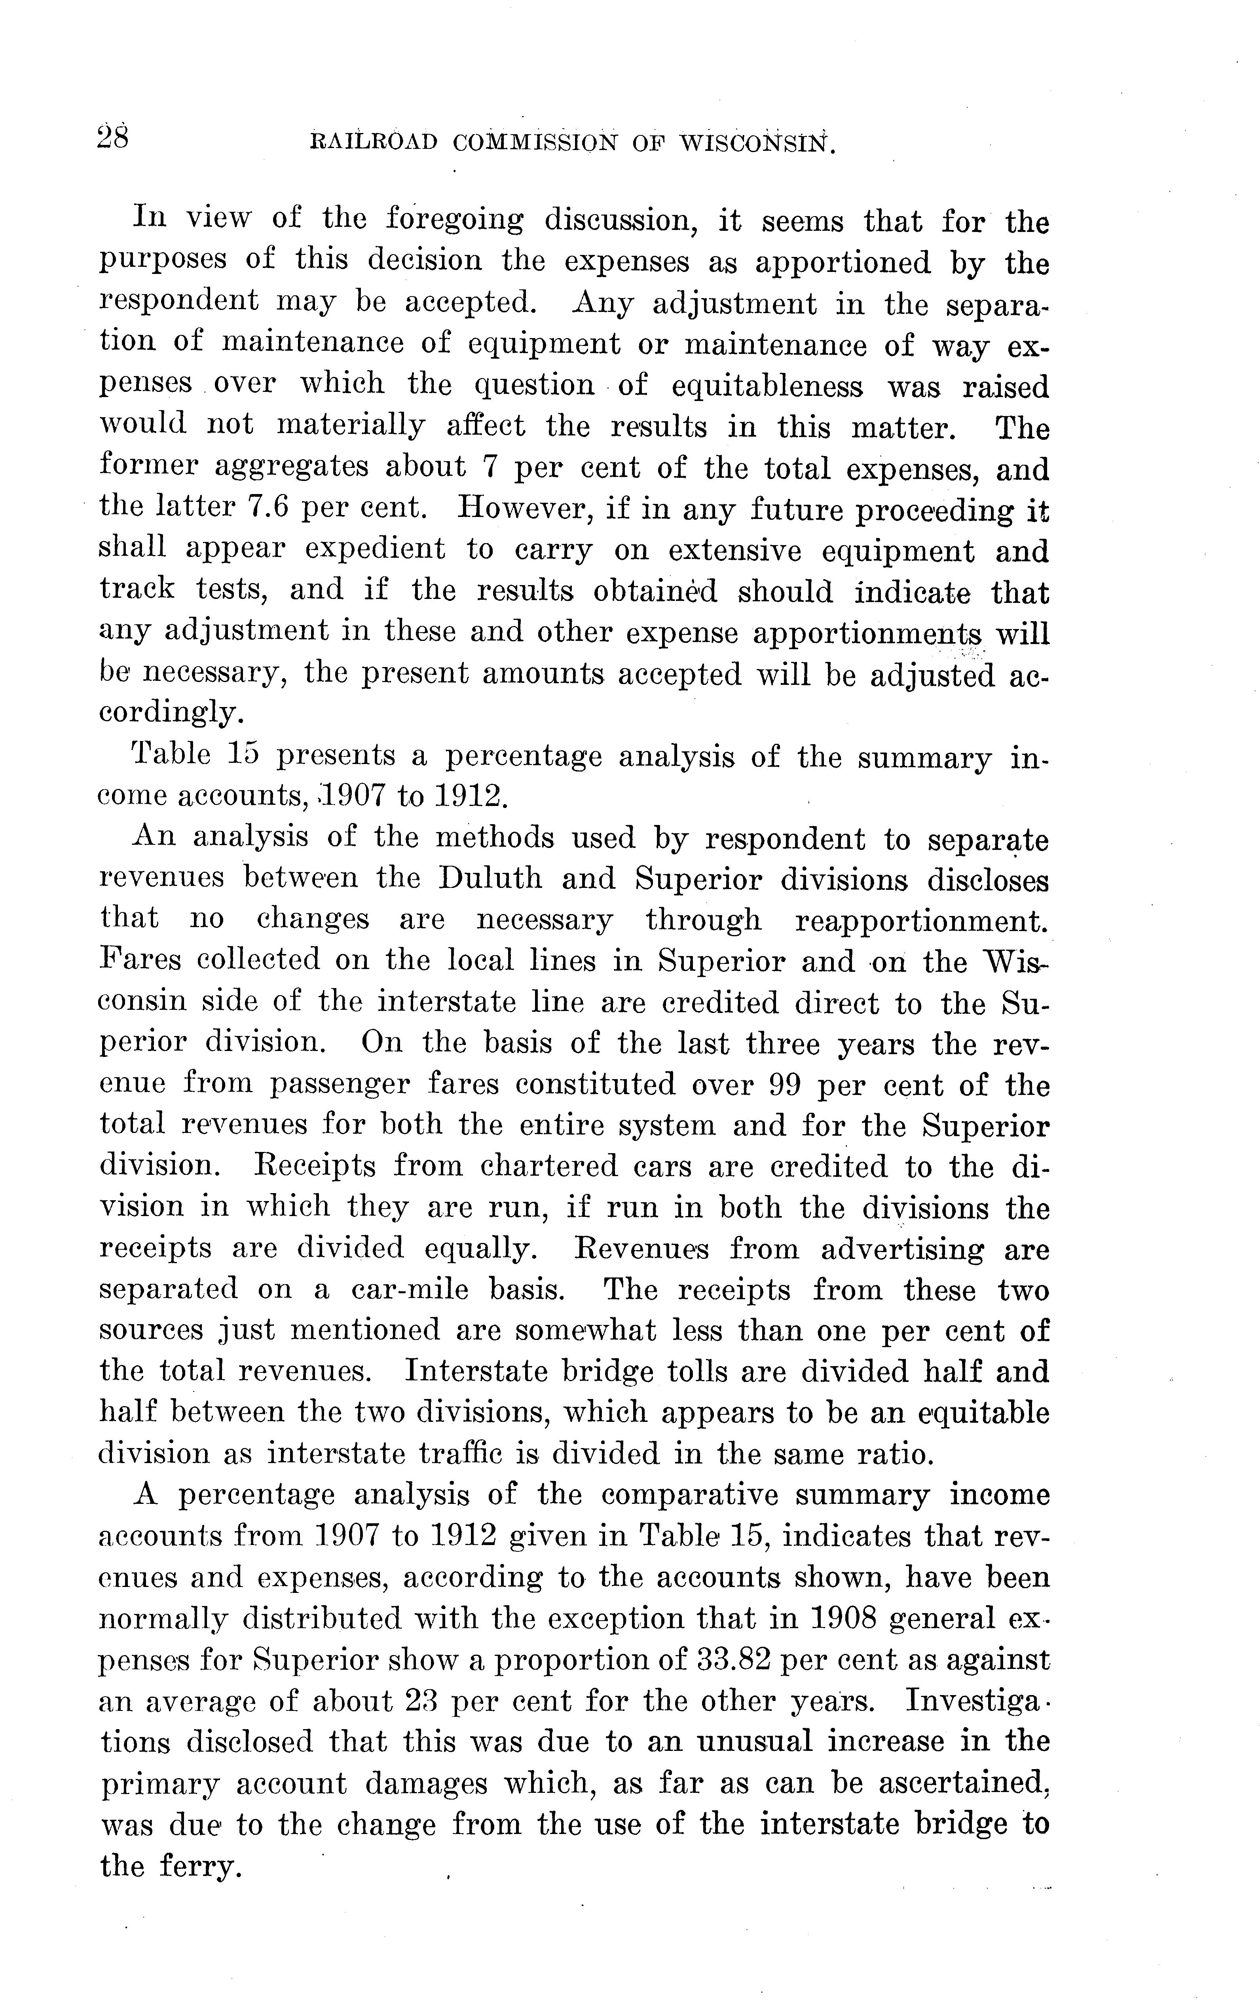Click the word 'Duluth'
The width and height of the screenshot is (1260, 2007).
tap(490, 878)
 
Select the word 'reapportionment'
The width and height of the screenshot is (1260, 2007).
tap(921, 920)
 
